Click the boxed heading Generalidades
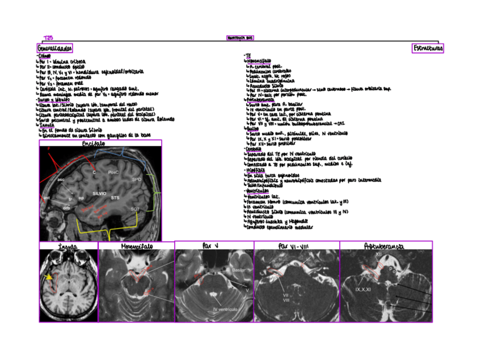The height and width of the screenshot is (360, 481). [55, 49]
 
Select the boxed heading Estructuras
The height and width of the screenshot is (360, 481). [428, 49]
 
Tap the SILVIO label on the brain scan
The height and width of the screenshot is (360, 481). [100, 194]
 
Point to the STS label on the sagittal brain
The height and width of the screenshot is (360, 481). [115, 197]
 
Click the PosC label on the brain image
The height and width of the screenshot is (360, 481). [113, 172]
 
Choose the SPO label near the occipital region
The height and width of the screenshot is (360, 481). [137, 179]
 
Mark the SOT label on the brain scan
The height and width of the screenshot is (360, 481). [135, 209]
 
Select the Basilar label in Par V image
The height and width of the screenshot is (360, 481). [238, 270]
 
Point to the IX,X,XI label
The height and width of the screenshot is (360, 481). [362, 289]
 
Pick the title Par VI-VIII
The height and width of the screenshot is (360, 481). [296, 246]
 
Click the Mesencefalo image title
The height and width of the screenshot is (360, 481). [136, 247]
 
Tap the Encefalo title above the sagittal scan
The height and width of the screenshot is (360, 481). [100, 144]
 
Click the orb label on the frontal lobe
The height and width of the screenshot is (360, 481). [66, 208]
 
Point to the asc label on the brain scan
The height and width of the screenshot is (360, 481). [60, 179]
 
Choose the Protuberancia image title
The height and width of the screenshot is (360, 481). [386, 246]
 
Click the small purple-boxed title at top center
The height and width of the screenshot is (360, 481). [240, 38]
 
